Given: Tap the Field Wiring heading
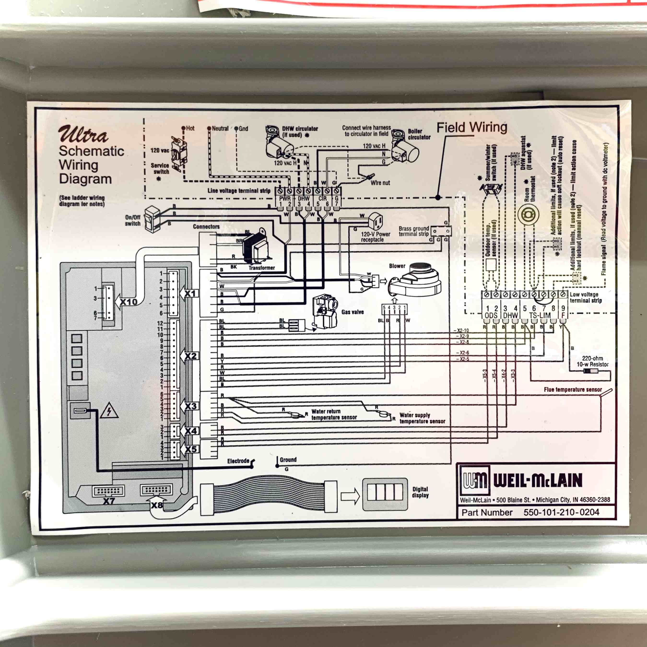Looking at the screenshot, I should pyautogui.click(x=471, y=128).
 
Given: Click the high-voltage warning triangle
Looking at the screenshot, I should pyautogui.click(x=109, y=412).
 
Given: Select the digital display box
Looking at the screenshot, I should pyautogui.click(x=385, y=494).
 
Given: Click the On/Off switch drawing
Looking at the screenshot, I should pyautogui.click(x=152, y=219).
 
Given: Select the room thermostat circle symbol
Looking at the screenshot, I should pyautogui.click(x=528, y=215).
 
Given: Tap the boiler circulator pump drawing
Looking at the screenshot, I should pyautogui.click(x=405, y=151).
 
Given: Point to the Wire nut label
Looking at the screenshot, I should pyautogui.click(x=380, y=183).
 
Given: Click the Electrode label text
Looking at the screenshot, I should pyautogui.click(x=238, y=461).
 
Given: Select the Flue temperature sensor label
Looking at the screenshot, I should pyautogui.click(x=573, y=389).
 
